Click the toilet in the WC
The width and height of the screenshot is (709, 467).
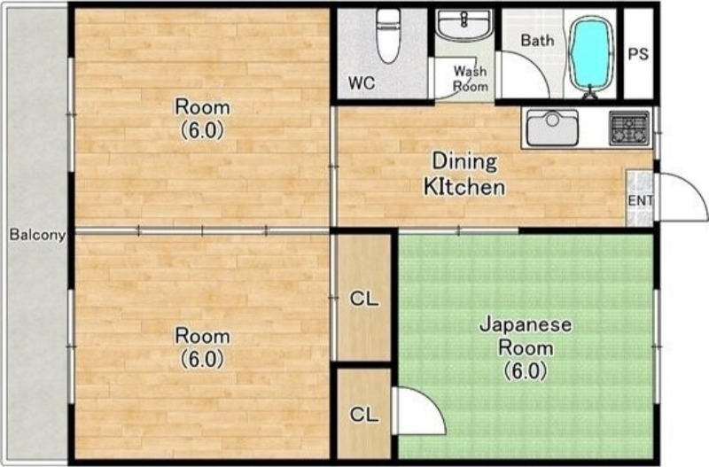point(388,36)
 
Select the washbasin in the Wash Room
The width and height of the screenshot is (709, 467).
point(464,24)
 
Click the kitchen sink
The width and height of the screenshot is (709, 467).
point(552,128)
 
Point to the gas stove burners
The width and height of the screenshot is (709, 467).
point(629,128)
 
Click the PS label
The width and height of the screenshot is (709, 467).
point(638,54)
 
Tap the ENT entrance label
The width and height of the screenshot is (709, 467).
point(640,200)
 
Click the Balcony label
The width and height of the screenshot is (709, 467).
point(37,235)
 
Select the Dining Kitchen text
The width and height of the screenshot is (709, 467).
point(464,174)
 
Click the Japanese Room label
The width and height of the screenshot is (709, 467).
point(526,347)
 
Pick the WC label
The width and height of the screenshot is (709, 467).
point(362,82)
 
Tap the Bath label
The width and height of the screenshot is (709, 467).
point(537,40)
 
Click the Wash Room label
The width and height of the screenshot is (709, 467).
point(471,78)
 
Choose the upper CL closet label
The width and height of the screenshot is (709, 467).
point(364,299)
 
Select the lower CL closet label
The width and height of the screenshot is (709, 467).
point(364,414)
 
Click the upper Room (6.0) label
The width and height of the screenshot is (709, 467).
point(203,119)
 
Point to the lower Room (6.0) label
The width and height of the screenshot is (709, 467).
point(203,347)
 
